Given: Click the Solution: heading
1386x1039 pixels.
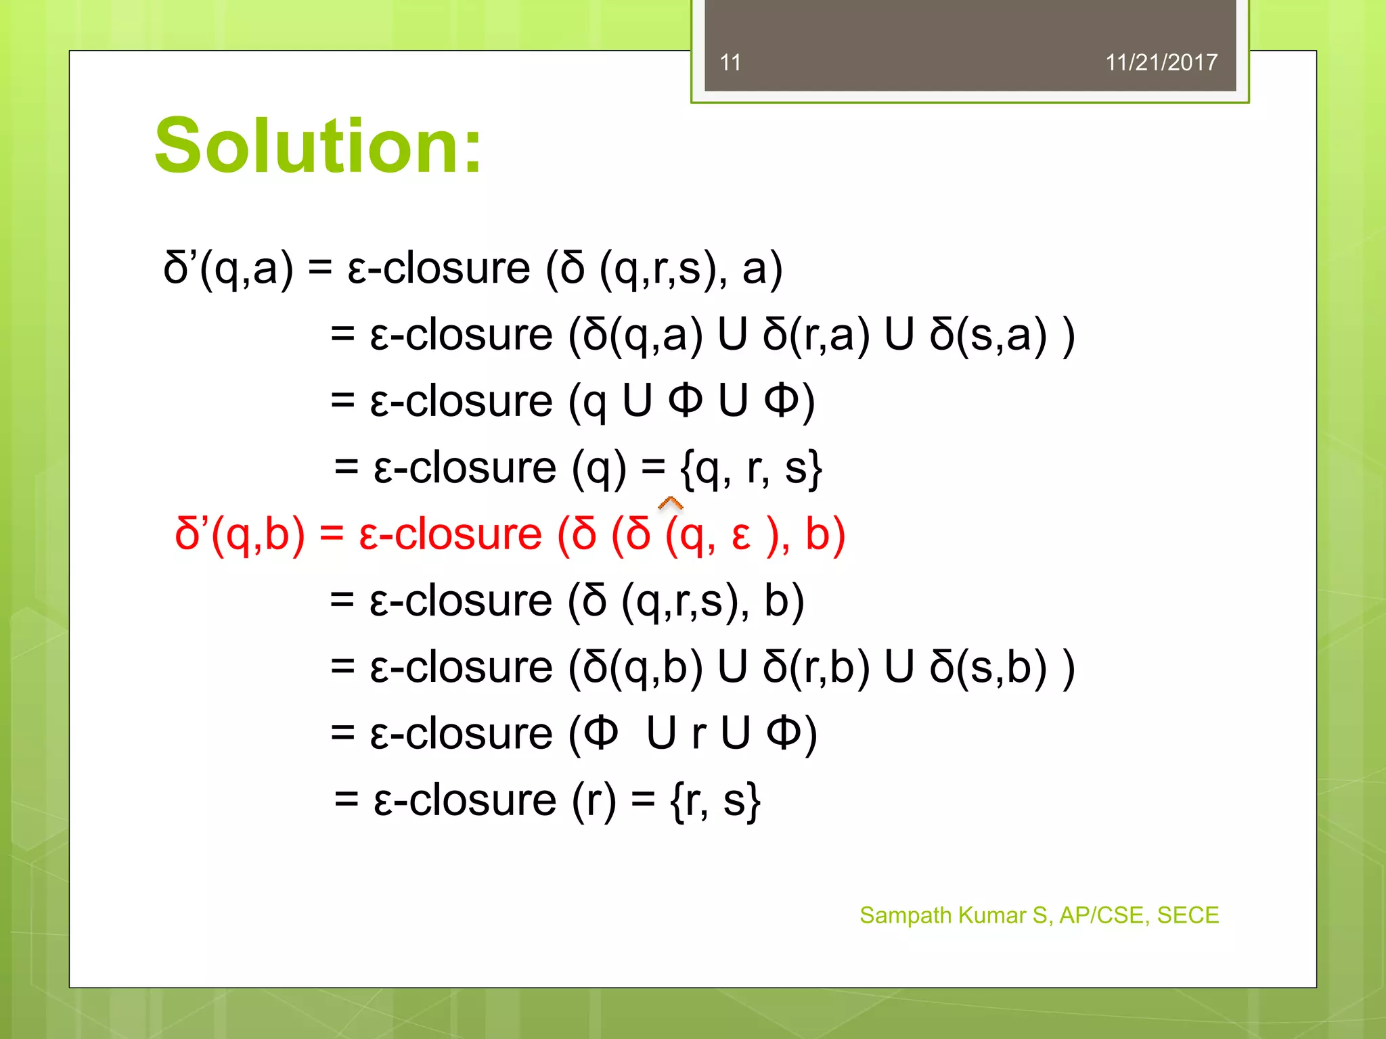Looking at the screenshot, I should click(x=318, y=146).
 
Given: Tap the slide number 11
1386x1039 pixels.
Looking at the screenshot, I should click(x=730, y=63).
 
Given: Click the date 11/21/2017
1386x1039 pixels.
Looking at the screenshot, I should click(x=1161, y=63).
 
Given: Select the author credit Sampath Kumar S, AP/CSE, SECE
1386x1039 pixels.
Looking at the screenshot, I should click(x=1039, y=915).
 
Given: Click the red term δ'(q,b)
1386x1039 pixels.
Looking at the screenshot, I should click(x=240, y=534).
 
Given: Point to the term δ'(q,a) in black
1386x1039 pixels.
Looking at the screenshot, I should click(x=228, y=268).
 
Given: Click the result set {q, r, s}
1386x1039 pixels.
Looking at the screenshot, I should click(x=751, y=468).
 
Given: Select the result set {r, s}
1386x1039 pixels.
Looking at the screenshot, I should click(x=715, y=800).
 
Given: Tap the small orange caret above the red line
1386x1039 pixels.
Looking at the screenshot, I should click(x=670, y=503).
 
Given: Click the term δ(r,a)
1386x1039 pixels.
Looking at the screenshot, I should click(x=815, y=335).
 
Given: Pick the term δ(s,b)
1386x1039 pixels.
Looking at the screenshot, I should click(x=988, y=668).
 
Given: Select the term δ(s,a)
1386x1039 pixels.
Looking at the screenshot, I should click(x=988, y=335).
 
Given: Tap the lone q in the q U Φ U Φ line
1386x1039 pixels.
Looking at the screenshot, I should click(x=594, y=402).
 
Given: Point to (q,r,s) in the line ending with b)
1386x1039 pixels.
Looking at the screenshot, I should click(x=677, y=601).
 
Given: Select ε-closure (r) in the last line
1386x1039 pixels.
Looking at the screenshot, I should click(x=495, y=800).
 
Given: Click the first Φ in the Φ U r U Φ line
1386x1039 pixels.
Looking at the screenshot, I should click(x=601, y=733).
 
